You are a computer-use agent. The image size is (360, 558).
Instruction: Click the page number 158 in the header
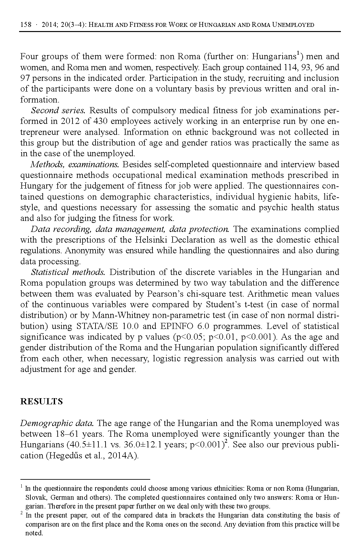click(x=26, y=25)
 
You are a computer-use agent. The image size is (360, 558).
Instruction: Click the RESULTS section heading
click(x=41, y=401)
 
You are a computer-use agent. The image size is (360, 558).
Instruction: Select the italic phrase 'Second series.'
click(x=58, y=111)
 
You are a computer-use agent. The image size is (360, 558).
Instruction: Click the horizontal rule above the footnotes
click(x=85, y=479)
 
